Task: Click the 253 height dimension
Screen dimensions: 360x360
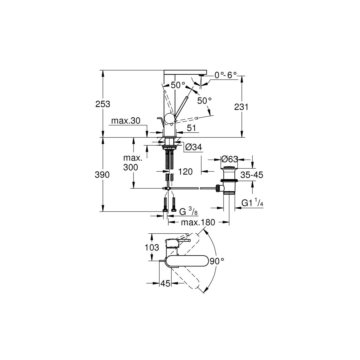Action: [x=103, y=104]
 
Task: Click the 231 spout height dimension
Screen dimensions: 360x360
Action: [x=241, y=107]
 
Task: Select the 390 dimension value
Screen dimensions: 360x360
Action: [x=102, y=175]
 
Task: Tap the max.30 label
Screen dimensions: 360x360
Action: [x=126, y=121]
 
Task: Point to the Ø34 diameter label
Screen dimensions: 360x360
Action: [x=194, y=147]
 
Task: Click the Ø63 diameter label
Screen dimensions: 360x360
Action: [x=229, y=159]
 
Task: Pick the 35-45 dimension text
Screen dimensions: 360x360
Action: [x=252, y=175]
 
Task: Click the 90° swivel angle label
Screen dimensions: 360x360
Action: [x=217, y=261]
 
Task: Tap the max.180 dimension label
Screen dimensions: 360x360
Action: [x=198, y=222]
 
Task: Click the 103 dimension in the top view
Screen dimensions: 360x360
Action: [x=152, y=247]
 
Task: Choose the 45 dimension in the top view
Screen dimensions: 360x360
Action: [x=166, y=283]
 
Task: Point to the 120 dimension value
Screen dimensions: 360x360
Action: [x=185, y=172]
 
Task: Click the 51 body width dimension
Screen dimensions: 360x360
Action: [x=191, y=128]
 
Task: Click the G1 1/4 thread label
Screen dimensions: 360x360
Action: [x=252, y=203]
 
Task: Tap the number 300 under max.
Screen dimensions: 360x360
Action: [x=130, y=167]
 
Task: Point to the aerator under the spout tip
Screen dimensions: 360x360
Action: [x=201, y=75]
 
